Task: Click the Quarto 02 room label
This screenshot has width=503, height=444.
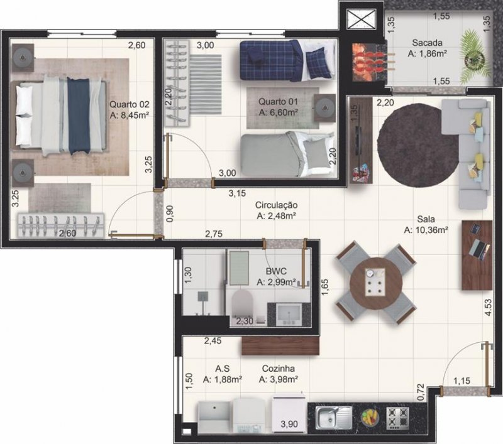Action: click(x=130, y=104)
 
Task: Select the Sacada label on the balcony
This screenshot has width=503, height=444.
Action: click(x=428, y=43)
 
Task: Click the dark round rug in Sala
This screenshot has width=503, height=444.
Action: click(x=419, y=145)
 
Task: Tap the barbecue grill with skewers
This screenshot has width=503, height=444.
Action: click(x=369, y=62)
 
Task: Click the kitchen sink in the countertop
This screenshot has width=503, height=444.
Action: click(x=334, y=418)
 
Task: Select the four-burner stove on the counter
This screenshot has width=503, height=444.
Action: click(x=398, y=418)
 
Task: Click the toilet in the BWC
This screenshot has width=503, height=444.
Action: click(x=242, y=303)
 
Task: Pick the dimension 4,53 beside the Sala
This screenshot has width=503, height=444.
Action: click(x=488, y=308)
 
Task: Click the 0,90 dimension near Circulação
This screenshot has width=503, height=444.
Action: click(x=170, y=214)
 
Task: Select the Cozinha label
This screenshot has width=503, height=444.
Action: click(x=279, y=369)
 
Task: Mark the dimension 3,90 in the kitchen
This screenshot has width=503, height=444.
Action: click(x=289, y=424)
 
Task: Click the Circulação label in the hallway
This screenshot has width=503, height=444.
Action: click(x=276, y=205)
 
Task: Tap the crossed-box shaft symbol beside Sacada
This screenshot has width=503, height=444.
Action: click(x=361, y=19)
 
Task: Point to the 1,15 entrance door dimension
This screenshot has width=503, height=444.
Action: click(x=462, y=381)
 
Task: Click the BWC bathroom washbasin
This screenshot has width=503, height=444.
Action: click(x=289, y=315)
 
